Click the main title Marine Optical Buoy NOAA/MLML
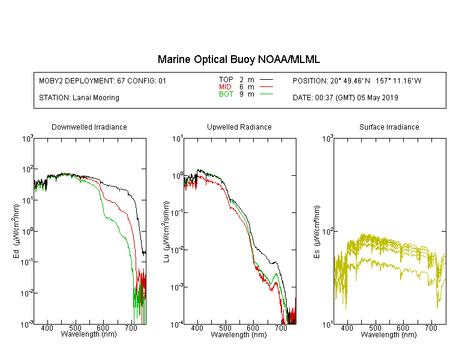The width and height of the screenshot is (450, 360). tap(238, 59)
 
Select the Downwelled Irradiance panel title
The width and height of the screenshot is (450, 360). tap(89, 127)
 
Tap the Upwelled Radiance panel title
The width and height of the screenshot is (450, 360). tap(239, 127)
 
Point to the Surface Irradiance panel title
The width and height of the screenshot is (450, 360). tap(389, 127)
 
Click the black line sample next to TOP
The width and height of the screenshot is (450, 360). tap(266, 80)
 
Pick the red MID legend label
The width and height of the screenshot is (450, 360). tap(225, 86)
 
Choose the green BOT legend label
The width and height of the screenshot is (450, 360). tap(226, 94)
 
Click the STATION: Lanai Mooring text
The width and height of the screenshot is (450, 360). tap(79, 98)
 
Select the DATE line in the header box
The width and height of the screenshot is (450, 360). tap(346, 98)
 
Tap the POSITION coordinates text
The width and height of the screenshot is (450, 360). tap(357, 80)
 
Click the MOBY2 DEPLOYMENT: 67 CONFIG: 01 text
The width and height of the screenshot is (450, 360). tap(103, 80)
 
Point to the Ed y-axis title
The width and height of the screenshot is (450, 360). tap(16, 231)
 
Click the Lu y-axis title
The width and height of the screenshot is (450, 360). tap(166, 232)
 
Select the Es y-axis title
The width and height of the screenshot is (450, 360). tap(317, 232)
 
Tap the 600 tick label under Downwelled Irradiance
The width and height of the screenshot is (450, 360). tap(103, 328)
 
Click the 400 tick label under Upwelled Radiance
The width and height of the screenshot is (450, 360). tap(197, 328)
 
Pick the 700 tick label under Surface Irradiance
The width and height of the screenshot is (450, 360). tap(431, 328)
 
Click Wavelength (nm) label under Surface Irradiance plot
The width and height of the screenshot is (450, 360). tap(389, 334)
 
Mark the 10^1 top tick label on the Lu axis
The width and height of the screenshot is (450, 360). tap(178, 139)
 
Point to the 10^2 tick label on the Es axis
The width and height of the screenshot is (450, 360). tap(328, 232)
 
